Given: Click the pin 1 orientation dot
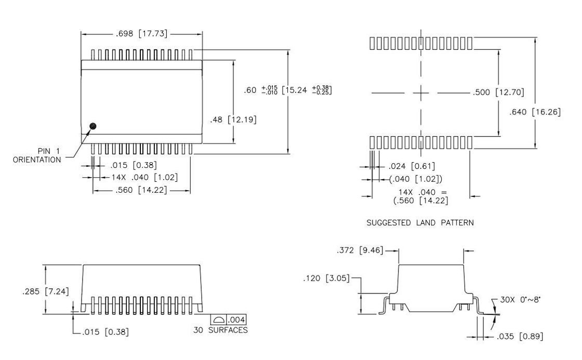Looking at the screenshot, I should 94,126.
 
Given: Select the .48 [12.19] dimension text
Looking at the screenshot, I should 233,119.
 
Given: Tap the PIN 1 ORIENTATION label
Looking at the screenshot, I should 37,155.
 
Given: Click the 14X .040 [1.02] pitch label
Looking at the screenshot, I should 144,177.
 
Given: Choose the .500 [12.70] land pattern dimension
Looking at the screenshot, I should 498,93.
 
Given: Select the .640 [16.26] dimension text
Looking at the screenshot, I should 535,112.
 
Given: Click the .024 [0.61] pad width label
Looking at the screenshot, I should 412,167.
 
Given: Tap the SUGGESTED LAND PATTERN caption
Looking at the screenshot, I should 420,223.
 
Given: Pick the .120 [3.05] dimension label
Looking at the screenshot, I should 325,279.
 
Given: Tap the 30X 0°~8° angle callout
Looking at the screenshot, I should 522,300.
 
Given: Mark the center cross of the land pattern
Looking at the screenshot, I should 421,93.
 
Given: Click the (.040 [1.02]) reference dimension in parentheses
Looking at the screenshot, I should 416,179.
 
